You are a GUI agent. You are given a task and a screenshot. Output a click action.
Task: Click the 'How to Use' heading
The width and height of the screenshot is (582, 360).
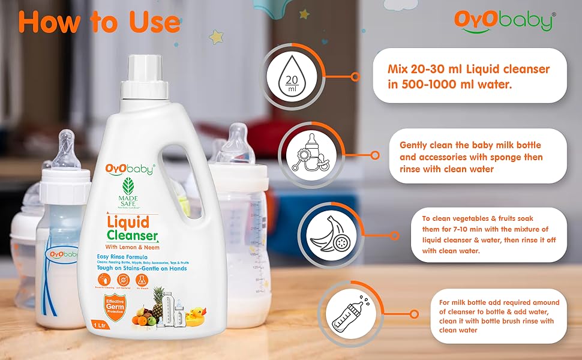(x=99, y=22)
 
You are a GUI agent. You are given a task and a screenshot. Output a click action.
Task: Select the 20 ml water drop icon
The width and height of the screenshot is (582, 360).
(x=292, y=77)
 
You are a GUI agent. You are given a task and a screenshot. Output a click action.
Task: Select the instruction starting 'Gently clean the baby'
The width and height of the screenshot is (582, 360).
(x=471, y=157)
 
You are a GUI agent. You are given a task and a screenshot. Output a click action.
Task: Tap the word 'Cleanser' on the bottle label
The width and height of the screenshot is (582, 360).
(x=133, y=236)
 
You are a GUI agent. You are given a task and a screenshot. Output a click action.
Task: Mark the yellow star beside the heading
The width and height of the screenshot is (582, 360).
(x=216, y=37)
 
